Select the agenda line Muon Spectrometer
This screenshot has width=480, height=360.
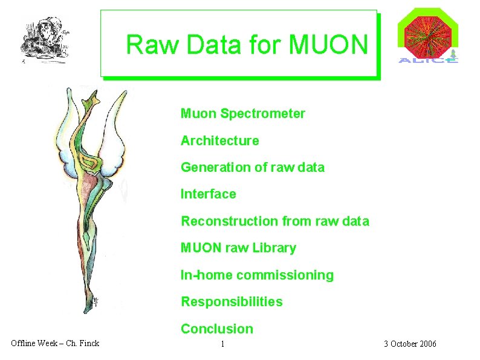pyautogui.click(x=242, y=114)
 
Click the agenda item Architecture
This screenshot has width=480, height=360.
pyautogui.click(x=219, y=140)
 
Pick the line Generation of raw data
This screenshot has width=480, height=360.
pyautogui.click(x=252, y=168)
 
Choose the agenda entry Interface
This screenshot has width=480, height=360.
pyautogui.click(x=208, y=194)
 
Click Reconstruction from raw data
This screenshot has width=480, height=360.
pyautogui.click(x=274, y=221)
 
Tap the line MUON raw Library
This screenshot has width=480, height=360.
pyautogui.click(x=238, y=248)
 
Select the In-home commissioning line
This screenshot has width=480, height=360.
pyautogui.click(x=257, y=275)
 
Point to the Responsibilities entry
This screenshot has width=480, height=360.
pyautogui.click(x=232, y=302)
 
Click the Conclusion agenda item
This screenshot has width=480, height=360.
pyautogui.click(x=216, y=329)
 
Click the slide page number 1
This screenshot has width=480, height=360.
pyautogui.click(x=222, y=344)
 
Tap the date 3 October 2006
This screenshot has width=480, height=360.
pyautogui.click(x=409, y=344)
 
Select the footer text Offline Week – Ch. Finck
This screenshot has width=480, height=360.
pyautogui.click(x=55, y=344)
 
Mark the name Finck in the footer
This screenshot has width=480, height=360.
pyautogui.click(x=88, y=344)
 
